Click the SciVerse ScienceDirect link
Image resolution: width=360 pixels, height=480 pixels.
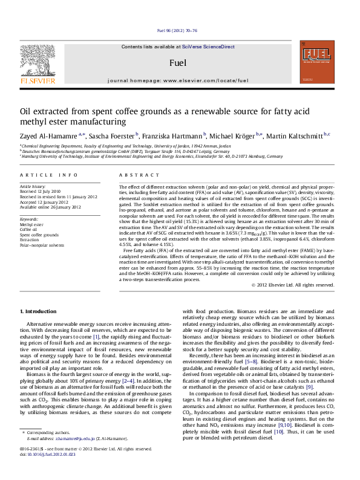pos(212,47)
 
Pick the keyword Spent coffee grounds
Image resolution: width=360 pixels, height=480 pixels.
pos(39,234)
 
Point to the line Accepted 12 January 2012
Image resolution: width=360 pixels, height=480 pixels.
pos(46,201)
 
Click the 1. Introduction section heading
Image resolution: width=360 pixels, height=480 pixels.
pos(39,311)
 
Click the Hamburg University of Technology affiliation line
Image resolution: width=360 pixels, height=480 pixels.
pos(151,156)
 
